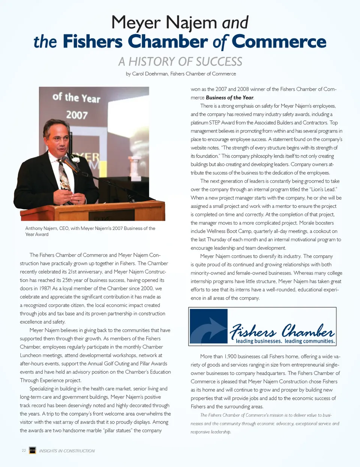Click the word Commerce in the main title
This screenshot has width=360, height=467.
(279, 42)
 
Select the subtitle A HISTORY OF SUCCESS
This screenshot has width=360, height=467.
(180, 62)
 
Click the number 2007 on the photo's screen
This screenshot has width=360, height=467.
(77, 115)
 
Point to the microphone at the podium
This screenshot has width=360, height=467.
(69, 164)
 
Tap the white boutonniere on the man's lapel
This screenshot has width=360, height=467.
(76, 160)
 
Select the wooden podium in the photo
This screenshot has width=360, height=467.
(94, 211)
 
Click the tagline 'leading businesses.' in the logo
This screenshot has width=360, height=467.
(259, 341)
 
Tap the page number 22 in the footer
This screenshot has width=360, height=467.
(24, 450)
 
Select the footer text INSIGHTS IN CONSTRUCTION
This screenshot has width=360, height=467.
(67, 451)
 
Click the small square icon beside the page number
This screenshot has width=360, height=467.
(33, 450)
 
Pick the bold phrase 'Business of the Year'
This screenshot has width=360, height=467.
(229, 98)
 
